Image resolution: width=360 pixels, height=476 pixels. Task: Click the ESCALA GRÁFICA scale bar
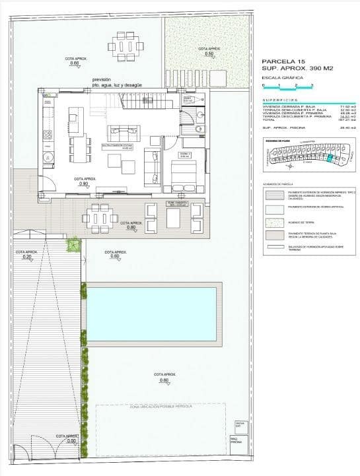pos(288,86)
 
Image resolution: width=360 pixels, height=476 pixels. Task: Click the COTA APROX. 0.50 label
pos(208,51)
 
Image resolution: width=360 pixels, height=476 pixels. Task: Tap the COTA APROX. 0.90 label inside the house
pos(84,182)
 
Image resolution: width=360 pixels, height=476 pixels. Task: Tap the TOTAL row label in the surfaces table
pos(268,120)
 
